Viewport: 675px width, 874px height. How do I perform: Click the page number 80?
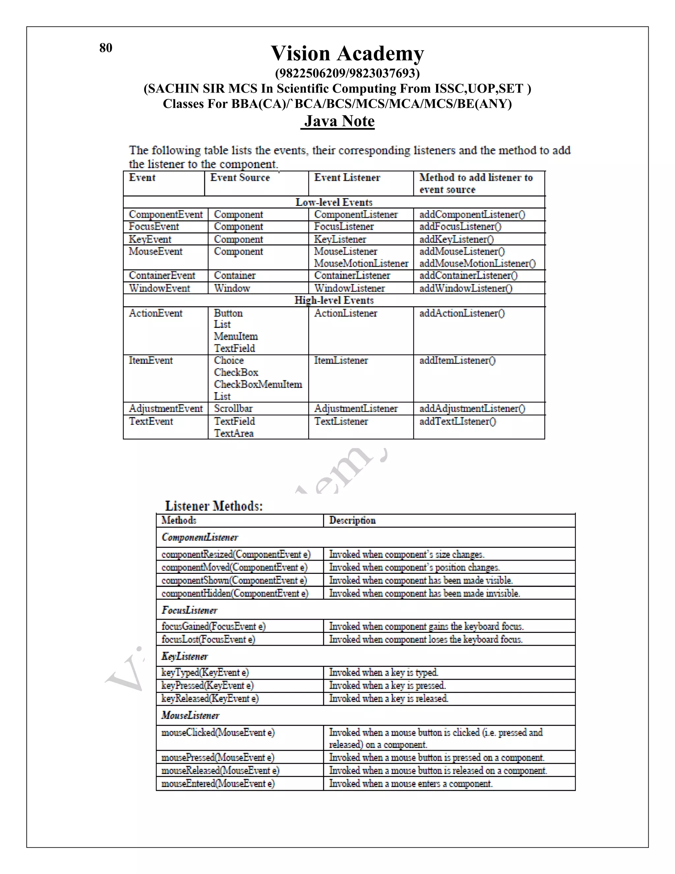coord(105,47)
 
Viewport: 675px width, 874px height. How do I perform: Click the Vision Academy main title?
coord(347,53)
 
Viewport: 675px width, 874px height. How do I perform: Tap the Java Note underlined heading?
coord(339,121)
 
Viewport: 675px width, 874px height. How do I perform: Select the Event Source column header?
coord(240,178)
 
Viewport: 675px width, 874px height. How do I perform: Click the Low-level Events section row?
coord(334,202)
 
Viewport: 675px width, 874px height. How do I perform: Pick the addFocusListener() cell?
coord(460,227)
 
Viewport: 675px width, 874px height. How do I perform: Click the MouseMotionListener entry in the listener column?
coord(361,263)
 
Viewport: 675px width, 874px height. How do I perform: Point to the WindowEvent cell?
coord(159,288)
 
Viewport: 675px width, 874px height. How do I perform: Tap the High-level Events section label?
coord(334,300)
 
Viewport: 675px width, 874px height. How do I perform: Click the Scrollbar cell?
coord(233,409)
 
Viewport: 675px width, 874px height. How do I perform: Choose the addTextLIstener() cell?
coord(457,421)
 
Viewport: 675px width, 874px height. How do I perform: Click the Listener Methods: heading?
coord(214,506)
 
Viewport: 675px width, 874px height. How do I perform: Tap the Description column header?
coord(352,520)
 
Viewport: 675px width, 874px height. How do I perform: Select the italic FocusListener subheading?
coord(190,610)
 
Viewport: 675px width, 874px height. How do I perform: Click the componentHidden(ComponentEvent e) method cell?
coord(235,593)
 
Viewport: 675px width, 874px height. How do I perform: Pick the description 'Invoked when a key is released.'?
coord(388,698)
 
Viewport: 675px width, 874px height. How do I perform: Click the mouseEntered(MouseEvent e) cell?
coord(218,784)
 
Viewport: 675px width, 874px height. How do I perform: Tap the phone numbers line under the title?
coord(347,73)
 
